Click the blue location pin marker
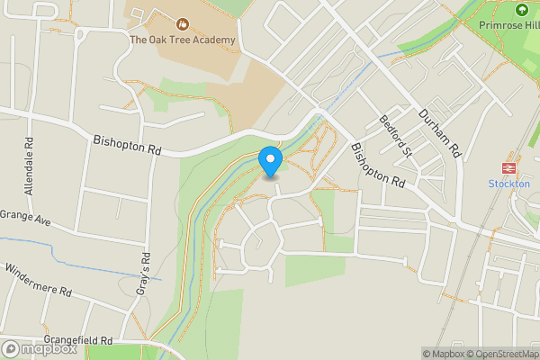[270, 162]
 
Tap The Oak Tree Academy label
[182, 40]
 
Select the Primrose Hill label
[508, 25]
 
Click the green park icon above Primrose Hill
[521, 10]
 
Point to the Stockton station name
[508, 184]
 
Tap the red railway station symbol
[509, 168]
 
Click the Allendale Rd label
[30, 166]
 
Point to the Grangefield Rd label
[82, 341]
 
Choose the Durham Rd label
[439, 130]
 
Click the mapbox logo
[38, 347]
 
